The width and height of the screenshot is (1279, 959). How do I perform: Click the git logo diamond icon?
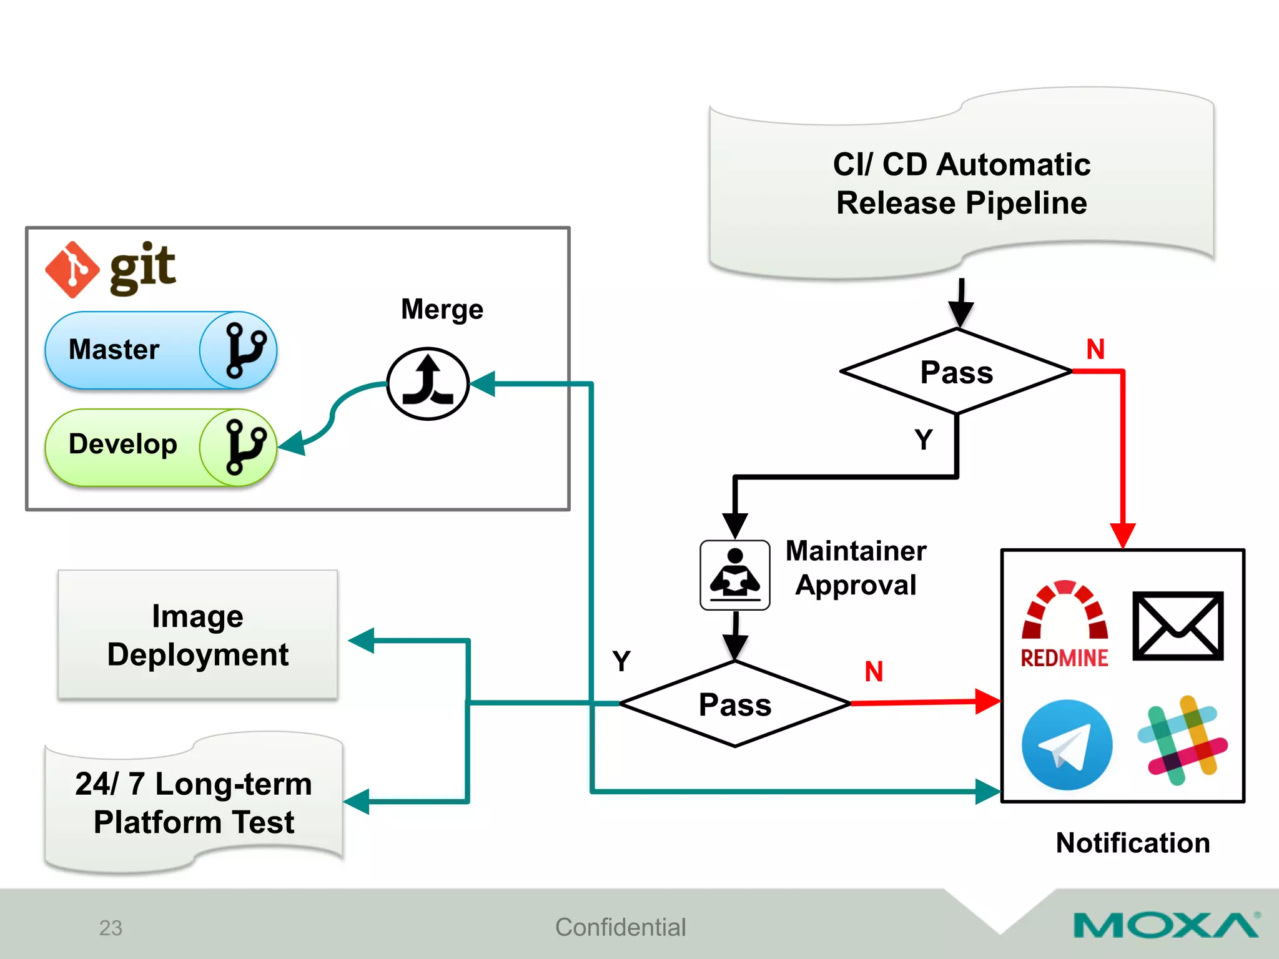point(72,269)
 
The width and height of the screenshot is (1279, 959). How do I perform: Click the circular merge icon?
point(428,383)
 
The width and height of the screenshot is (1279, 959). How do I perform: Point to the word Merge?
point(442,310)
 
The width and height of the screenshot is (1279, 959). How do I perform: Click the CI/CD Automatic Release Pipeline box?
point(961,184)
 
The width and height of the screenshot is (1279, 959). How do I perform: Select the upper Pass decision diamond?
point(956,372)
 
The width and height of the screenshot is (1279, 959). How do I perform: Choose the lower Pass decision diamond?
point(735,704)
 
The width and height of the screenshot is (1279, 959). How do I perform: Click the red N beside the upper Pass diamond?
point(1095,349)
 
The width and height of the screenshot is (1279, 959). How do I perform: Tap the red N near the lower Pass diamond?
point(874,672)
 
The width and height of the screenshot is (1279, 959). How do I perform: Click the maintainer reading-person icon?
point(734,575)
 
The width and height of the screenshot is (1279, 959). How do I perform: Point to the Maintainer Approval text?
point(856,568)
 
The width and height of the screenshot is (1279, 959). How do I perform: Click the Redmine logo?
point(1064,624)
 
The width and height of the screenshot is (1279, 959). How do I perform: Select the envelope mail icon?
point(1178,626)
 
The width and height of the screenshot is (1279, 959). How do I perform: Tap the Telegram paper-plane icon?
point(1067,744)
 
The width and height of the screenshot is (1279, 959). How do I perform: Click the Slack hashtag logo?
point(1182,740)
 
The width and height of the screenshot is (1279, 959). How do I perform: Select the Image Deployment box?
point(197,635)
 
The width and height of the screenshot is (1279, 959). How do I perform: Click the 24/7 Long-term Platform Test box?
point(194,803)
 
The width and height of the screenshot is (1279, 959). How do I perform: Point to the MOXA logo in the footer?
point(1165,925)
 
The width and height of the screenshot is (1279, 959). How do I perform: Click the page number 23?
point(111,928)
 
